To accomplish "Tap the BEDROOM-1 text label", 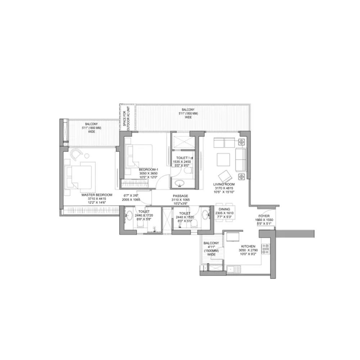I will (149, 170).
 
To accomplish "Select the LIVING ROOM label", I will (224, 184).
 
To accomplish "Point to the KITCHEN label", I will (248, 247).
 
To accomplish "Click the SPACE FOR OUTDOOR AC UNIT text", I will (128, 117).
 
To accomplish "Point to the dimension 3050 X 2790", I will (248, 250).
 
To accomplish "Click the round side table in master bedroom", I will (87, 156).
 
